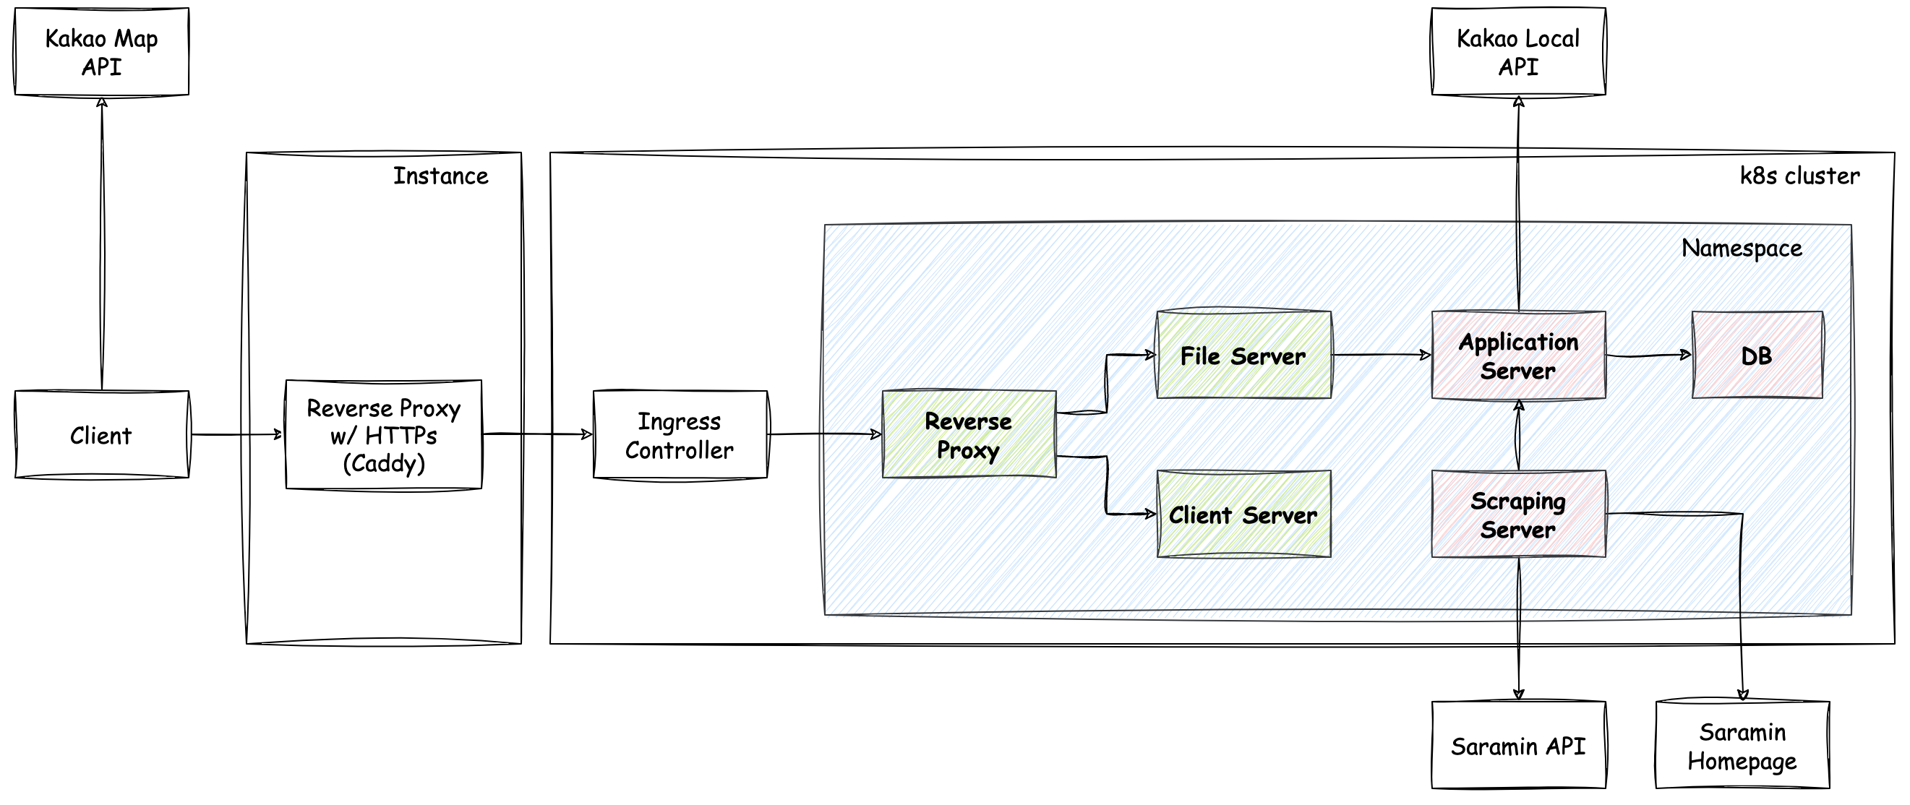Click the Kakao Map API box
coord(102,52)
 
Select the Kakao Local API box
coord(1517,52)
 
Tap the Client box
coord(102,435)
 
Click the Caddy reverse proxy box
coord(383,435)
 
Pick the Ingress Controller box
coord(680,435)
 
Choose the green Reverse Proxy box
coord(968,435)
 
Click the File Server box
coord(1243,356)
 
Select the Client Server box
coord(1243,515)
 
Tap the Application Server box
coord(1517,356)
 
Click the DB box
coord(1757,356)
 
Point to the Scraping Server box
coord(1517,515)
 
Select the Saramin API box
coord(1517,746)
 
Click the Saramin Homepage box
coord(1742,746)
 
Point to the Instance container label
coord(440,176)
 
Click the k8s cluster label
coord(1799,176)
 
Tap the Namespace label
coord(1741,248)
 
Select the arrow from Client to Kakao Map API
coord(102,245)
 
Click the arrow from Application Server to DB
coord(1648,356)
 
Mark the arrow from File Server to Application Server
coord(1381,355)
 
